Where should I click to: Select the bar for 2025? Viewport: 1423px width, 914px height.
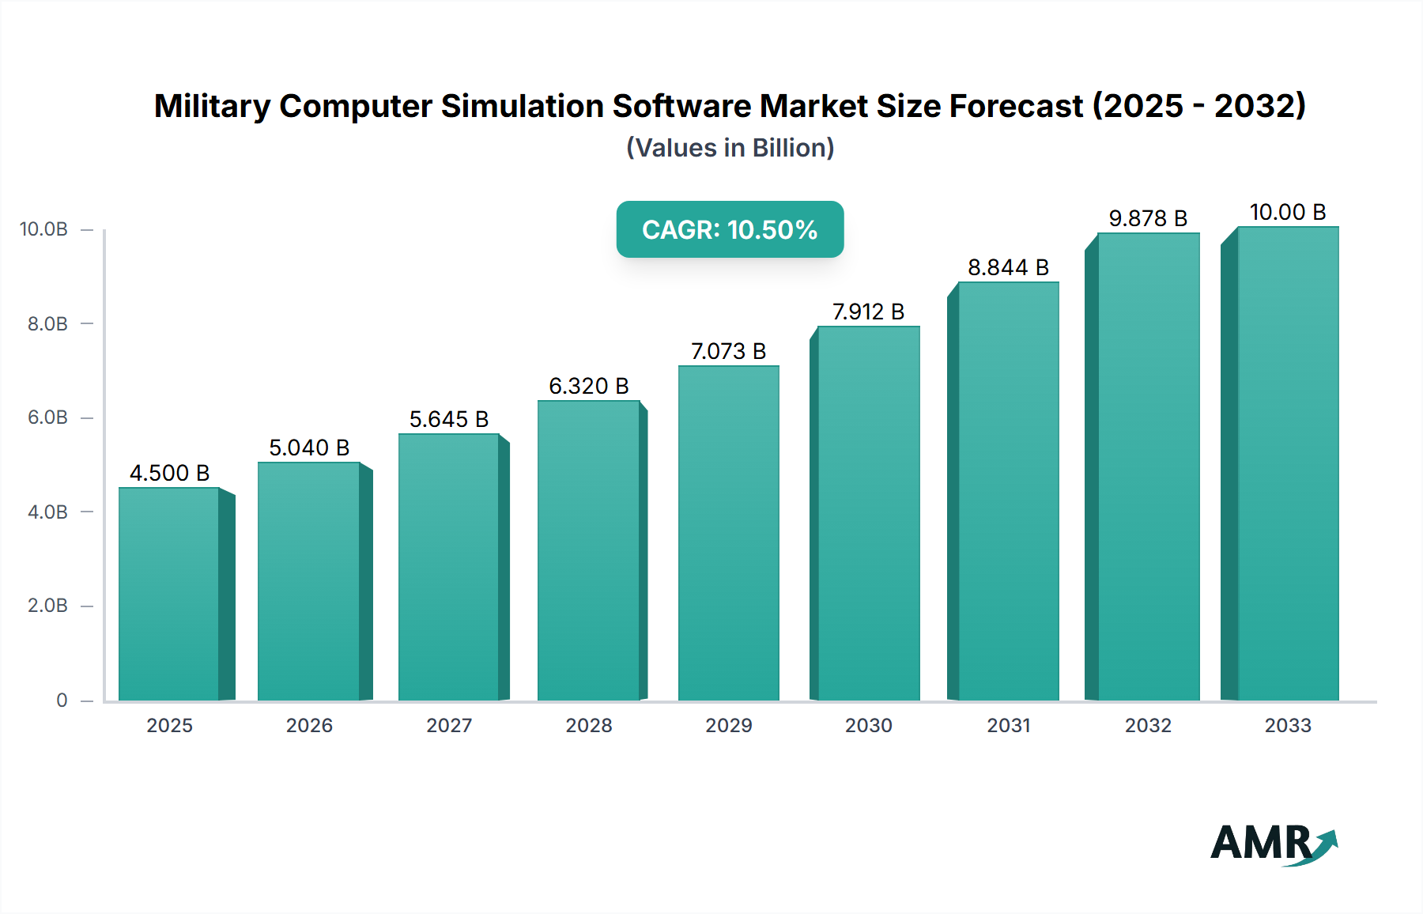tap(169, 594)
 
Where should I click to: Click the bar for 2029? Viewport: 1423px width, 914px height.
tap(728, 533)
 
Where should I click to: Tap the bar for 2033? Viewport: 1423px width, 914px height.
tap(1287, 463)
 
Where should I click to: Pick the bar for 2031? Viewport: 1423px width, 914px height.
tap(1008, 491)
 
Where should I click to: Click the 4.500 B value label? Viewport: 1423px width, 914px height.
tap(169, 473)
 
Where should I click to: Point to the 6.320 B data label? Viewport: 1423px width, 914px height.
tap(588, 386)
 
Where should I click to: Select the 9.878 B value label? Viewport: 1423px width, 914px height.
tap(1148, 218)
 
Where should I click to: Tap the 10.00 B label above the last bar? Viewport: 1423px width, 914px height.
tap(1287, 212)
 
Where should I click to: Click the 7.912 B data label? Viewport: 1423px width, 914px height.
tap(868, 312)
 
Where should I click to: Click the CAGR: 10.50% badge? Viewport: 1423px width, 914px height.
tap(730, 229)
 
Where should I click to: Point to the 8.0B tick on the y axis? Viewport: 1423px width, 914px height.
tap(47, 323)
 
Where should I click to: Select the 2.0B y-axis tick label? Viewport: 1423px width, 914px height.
tap(47, 606)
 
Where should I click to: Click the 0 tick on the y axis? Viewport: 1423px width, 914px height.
tap(62, 700)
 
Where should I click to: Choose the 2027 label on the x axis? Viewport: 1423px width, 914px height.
tap(448, 725)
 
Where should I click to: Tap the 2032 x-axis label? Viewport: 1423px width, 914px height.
tap(1148, 725)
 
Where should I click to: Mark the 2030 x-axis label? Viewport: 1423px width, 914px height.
tap(868, 725)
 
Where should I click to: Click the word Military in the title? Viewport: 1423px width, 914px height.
tap(212, 106)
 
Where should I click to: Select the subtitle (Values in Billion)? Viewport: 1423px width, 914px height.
tap(730, 148)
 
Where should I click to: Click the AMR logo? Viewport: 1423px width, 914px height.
tap(1273, 844)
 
